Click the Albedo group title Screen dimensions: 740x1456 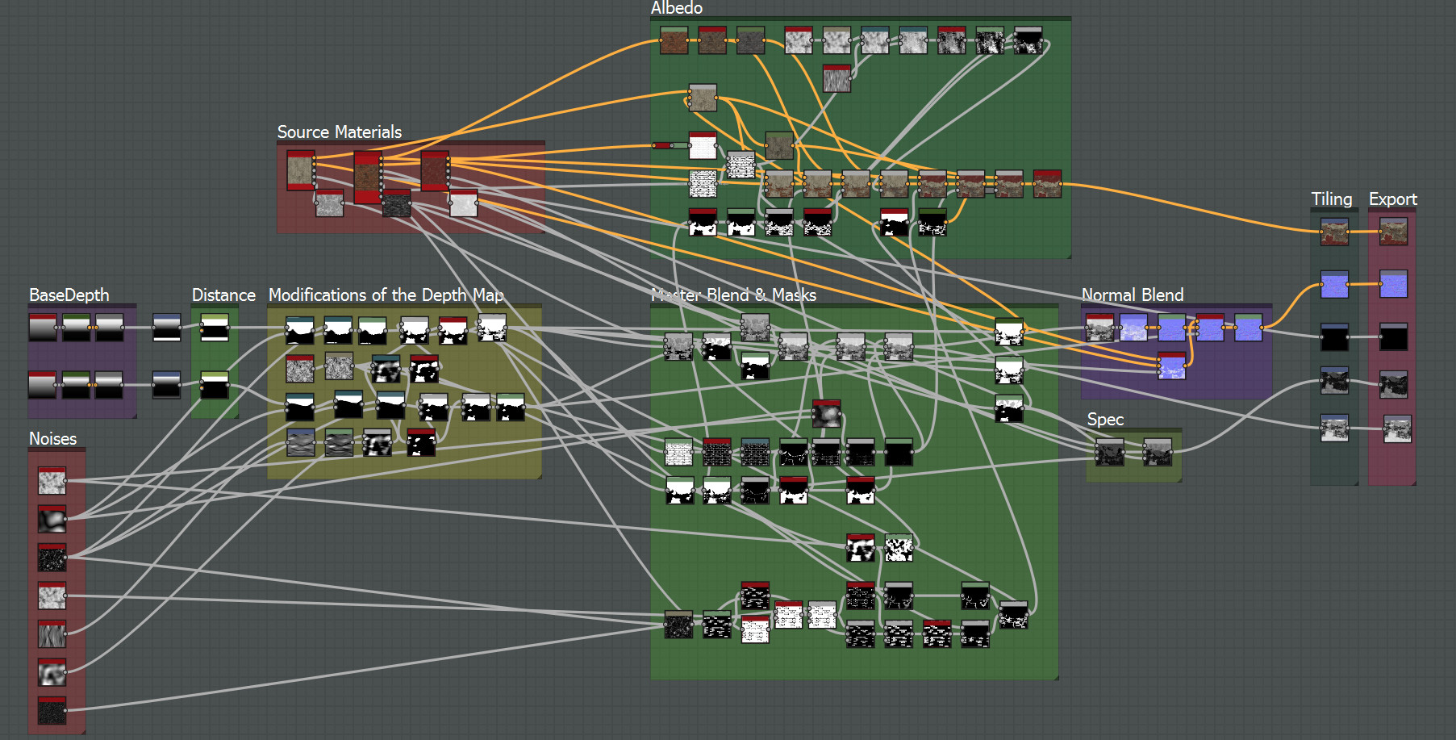(677, 8)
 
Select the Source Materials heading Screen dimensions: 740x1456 (339, 132)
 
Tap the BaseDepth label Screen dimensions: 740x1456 (69, 295)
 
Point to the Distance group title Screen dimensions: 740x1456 (223, 295)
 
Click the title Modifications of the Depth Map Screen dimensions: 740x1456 (386, 295)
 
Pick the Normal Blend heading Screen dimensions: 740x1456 (1132, 295)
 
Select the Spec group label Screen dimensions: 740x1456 (1105, 420)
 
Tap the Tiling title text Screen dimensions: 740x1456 (1331, 199)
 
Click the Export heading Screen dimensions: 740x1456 (1392, 199)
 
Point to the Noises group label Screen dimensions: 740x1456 (52, 439)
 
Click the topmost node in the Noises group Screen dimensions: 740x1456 (52, 481)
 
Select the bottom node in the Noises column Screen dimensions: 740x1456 (52, 710)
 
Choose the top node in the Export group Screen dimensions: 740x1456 (1393, 232)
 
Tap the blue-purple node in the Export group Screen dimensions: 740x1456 (1393, 284)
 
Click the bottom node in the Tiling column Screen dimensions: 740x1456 (1334, 429)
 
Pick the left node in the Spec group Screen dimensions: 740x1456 (1110, 453)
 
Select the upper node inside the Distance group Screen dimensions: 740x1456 (215, 328)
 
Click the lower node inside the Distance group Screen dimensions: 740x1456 (215, 385)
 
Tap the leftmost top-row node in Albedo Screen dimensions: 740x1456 (674, 40)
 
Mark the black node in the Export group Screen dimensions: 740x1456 (1393, 337)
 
